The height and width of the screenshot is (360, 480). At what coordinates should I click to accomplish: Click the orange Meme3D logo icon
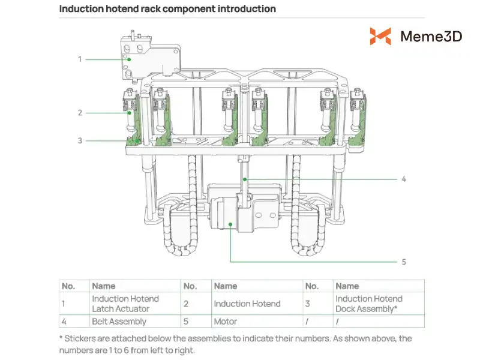(x=380, y=36)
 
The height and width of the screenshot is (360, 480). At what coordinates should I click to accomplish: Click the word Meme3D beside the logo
(x=431, y=37)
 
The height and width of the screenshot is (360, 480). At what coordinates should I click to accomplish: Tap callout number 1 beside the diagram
(x=80, y=59)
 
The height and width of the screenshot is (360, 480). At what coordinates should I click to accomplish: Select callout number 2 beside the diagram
(x=80, y=113)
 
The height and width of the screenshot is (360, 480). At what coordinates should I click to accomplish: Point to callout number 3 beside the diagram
(x=80, y=140)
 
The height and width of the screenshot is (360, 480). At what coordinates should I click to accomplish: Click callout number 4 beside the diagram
(x=404, y=179)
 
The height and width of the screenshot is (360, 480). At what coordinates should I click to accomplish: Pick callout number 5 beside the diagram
(x=404, y=262)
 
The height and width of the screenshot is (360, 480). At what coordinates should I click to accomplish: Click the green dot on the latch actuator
(x=129, y=59)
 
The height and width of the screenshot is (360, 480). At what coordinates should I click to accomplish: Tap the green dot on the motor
(x=230, y=224)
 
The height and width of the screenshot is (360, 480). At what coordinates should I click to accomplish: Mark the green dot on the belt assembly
(x=245, y=179)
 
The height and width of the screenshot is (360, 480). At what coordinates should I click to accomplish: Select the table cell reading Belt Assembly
(x=135, y=322)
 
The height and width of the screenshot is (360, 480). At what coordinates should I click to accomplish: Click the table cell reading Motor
(x=257, y=322)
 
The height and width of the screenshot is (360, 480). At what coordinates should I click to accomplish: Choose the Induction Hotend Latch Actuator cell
(x=135, y=304)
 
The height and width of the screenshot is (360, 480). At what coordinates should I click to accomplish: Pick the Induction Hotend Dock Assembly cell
(x=379, y=304)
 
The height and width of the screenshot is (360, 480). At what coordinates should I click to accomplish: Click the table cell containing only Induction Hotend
(x=257, y=304)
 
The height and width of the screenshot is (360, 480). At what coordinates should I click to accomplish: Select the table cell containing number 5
(x=196, y=322)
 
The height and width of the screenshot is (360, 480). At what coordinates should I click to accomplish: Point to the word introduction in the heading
(x=247, y=8)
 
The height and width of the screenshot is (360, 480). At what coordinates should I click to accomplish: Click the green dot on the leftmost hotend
(x=130, y=113)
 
